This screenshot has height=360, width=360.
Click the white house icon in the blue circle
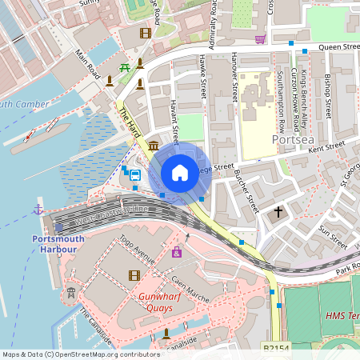[180, 173]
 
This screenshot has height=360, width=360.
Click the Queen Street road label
[336, 46]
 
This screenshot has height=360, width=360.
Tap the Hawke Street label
[203, 78]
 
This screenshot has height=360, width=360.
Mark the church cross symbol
[279, 212]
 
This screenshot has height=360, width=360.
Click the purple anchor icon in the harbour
[38, 210]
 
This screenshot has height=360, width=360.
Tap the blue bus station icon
[134, 174]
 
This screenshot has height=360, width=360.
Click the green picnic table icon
[124, 68]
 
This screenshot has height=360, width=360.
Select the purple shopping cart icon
[260, 38]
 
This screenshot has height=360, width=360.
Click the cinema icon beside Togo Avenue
[134, 275]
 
